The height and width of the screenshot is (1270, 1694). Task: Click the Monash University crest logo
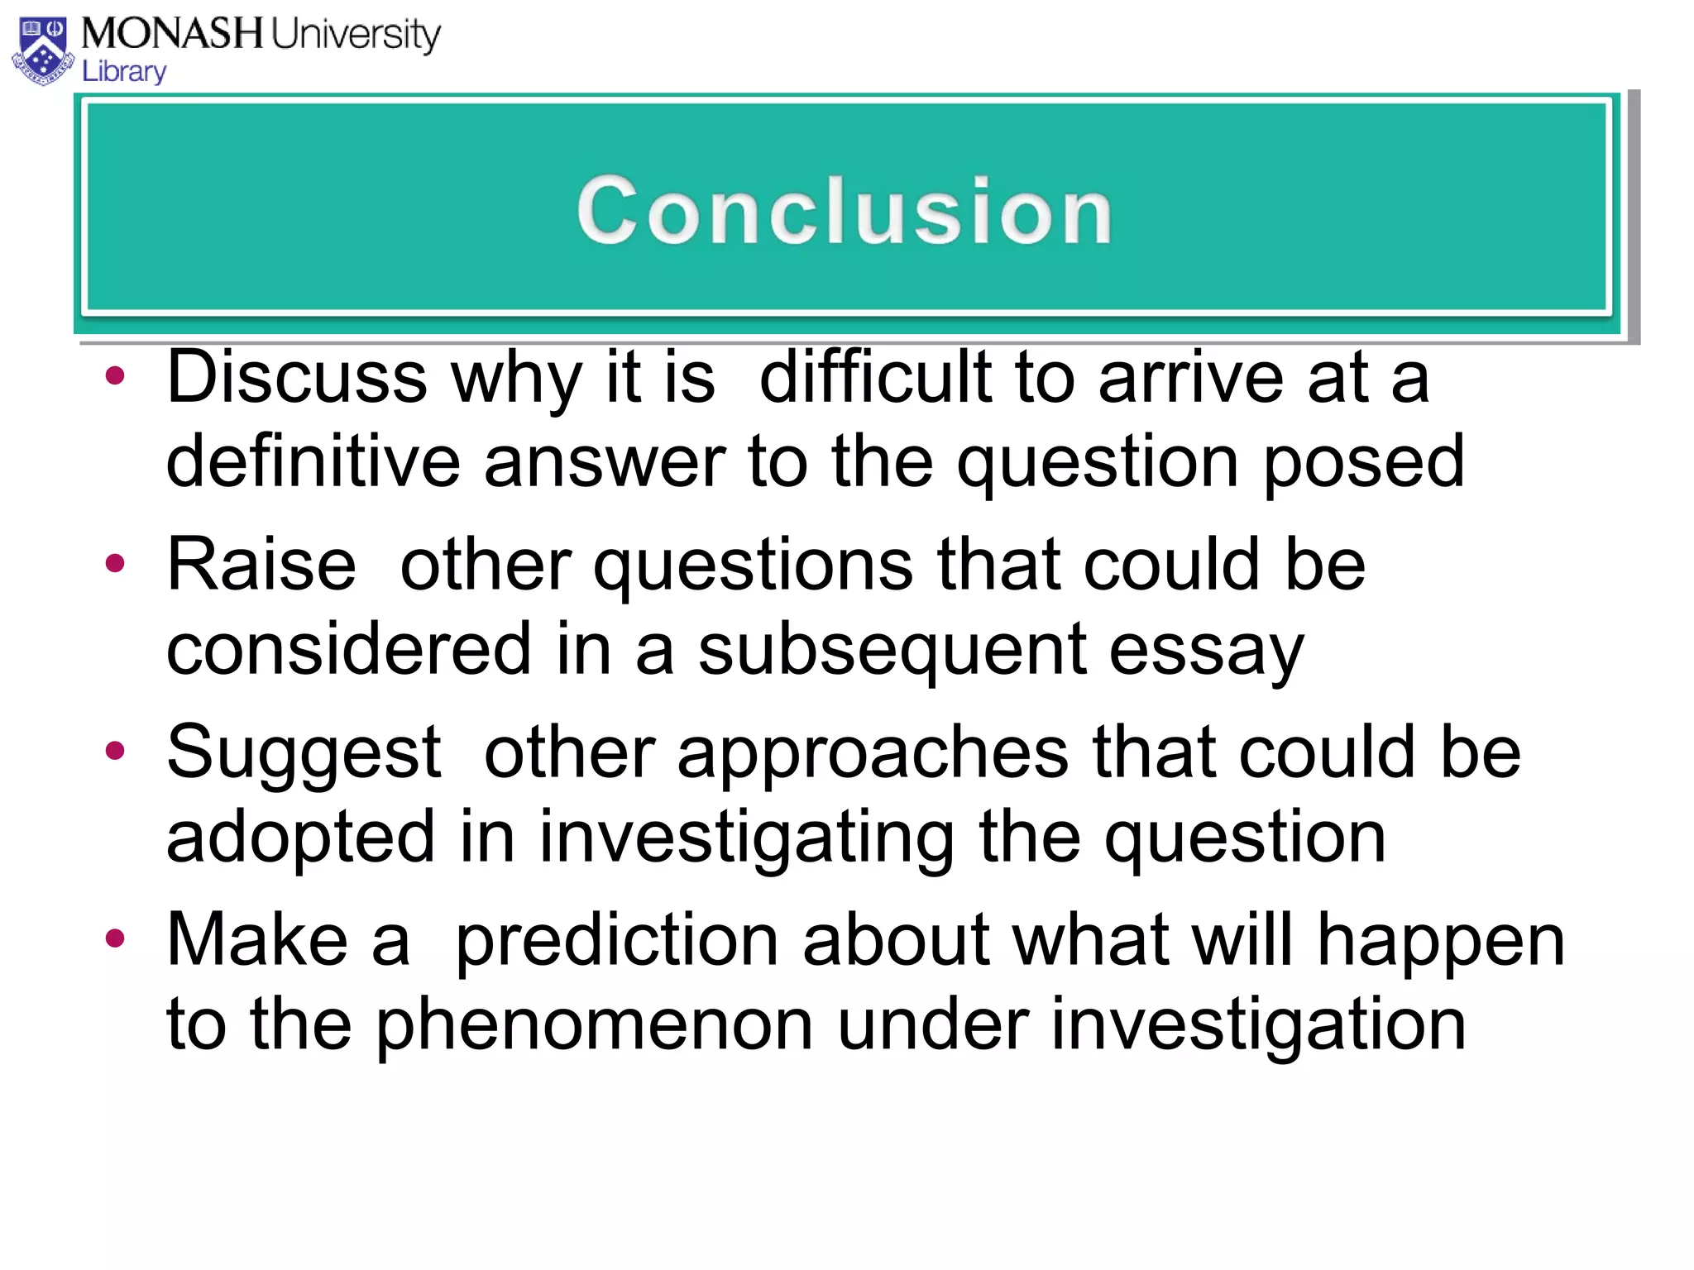click(x=43, y=51)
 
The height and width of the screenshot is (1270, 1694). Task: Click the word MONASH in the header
click(x=172, y=34)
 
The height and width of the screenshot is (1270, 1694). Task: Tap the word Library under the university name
click(x=124, y=72)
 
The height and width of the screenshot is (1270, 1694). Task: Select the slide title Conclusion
click(x=845, y=211)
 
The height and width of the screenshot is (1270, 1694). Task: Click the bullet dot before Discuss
click(x=116, y=377)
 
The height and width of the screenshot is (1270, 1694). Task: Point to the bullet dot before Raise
click(x=116, y=564)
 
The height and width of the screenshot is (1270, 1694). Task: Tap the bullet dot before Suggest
click(x=116, y=751)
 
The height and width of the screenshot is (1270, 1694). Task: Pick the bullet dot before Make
click(x=116, y=938)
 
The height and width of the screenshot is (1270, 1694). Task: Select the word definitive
click(x=313, y=461)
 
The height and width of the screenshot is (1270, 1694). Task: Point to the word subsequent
click(x=891, y=650)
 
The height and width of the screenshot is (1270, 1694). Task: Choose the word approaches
click(x=873, y=754)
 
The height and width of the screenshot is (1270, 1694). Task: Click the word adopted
click(x=300, y=837)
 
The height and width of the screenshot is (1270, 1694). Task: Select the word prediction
click(x=616, y=941)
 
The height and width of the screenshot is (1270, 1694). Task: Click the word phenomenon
click(x=594, y=1025)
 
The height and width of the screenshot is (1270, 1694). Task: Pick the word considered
click(x=348, y=649)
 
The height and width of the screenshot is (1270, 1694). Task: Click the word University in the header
click(x=356, y=35)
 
